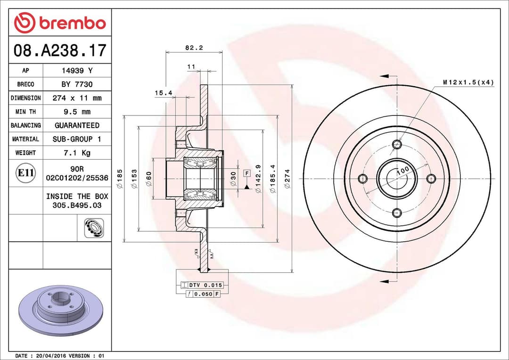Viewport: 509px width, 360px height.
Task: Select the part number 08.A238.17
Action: [x=60, y=50]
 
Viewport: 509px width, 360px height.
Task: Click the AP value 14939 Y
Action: [x=77, y=71]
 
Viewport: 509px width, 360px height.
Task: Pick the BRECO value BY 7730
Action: [x=77, y=84]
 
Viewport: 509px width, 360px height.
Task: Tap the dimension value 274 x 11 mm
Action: [x=77, y=98]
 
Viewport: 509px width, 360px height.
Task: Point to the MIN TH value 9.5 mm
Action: [x=77, y=112]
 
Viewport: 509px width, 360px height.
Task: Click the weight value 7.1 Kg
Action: [x=77, y=153]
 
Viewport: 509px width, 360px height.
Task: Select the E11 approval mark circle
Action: [x=25, y=173]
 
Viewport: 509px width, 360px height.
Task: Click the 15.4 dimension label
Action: [x=163, y=93]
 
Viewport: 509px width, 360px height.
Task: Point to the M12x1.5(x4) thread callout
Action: [x=468, y=82]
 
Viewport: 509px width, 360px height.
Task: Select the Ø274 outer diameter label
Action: [x=287, y=179]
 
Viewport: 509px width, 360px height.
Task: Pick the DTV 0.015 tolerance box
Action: [x=202, y=286]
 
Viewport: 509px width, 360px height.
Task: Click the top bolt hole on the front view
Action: [x=397, y=144]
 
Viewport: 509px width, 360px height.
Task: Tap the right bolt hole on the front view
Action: [x=431, y=179]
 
